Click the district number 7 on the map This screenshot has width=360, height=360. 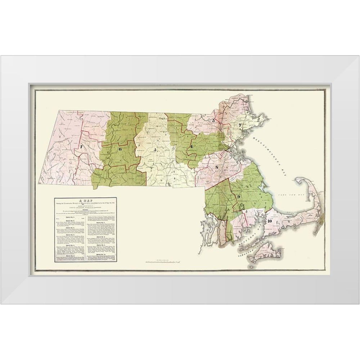tap(82, 147)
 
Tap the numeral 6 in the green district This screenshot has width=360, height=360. tap(120, 149)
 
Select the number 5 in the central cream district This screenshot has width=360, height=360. tap(155, 149)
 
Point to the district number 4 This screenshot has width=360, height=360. tap(192, 147)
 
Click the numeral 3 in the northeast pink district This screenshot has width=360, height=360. tap(213, 121)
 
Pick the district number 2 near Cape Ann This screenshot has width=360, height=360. tap(239, 125)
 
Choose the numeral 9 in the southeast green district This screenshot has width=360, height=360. tap(239, 196)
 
